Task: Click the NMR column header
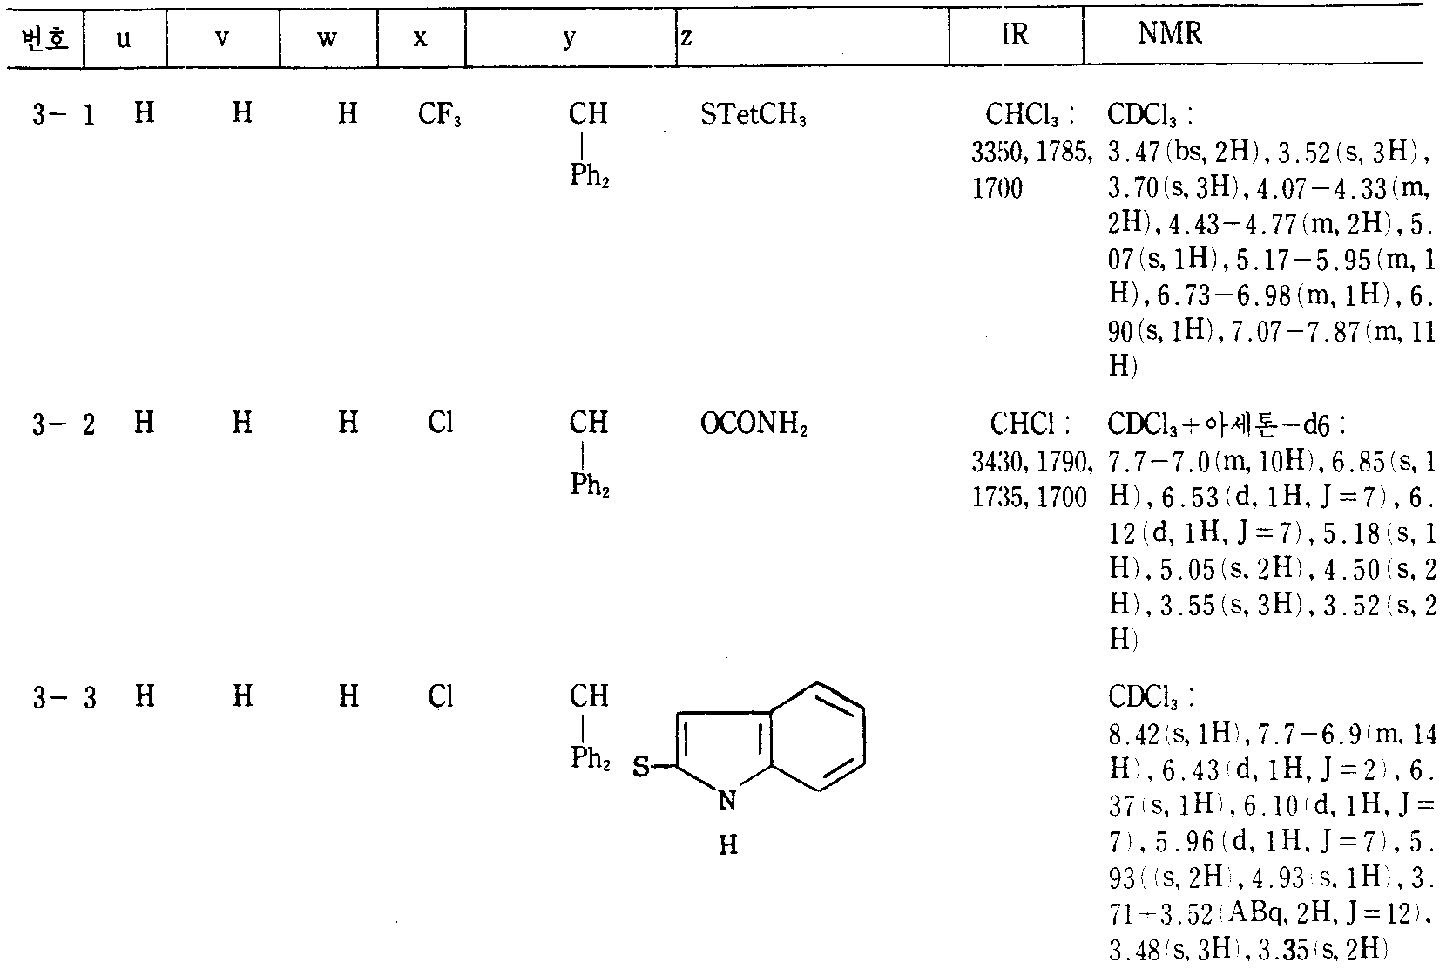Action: point(1170,35)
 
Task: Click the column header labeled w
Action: point(328,39)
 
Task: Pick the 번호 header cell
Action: point(44,40)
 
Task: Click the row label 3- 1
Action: point(64,115)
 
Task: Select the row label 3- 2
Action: point(64,424)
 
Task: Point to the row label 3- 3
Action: point(64,698)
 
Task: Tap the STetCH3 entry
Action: point(753,115)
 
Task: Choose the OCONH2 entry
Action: point(754,424)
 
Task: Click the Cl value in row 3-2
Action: point(441,424)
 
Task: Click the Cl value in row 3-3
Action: point(441,697)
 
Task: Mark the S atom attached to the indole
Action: point(640,768)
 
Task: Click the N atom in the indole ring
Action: point(728,801)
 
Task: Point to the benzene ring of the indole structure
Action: point(816,736)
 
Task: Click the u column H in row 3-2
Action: point(145,424)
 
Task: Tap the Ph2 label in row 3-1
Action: point(590,176)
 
